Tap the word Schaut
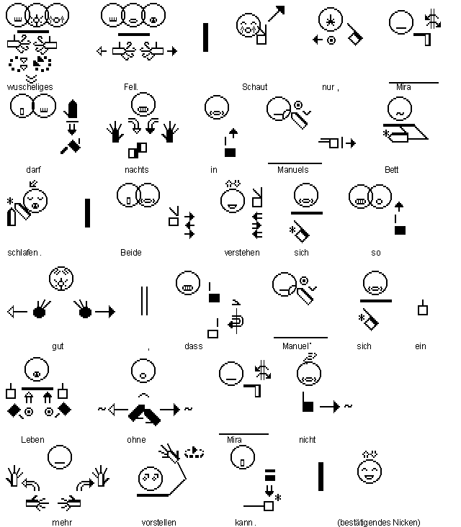pos(255,86)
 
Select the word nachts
pos(136,170)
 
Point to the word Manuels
pos(293,170)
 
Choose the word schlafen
pos(24,253)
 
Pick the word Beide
pos(130,253)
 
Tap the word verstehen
pos(242,253)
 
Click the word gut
pos(58,346)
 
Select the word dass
pos(194,346)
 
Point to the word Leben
pos(32,439)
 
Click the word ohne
pos(136,439)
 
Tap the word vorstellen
pos(159,522)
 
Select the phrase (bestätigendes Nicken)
pos(378,522)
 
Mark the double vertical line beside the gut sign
pos(144,302)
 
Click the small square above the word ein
pos(423,310)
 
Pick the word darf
pos(32,170)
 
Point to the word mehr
pos(63,522)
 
